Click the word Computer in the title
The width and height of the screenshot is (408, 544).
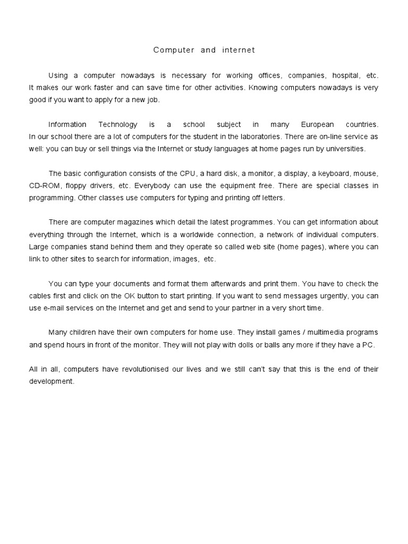(x=173, y=50)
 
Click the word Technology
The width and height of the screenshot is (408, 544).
(x=117, y=125)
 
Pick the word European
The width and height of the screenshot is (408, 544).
(x=317, y=125)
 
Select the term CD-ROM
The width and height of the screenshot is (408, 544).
(x=45, y=185)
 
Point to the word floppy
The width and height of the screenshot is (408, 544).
(x=83, y=185)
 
